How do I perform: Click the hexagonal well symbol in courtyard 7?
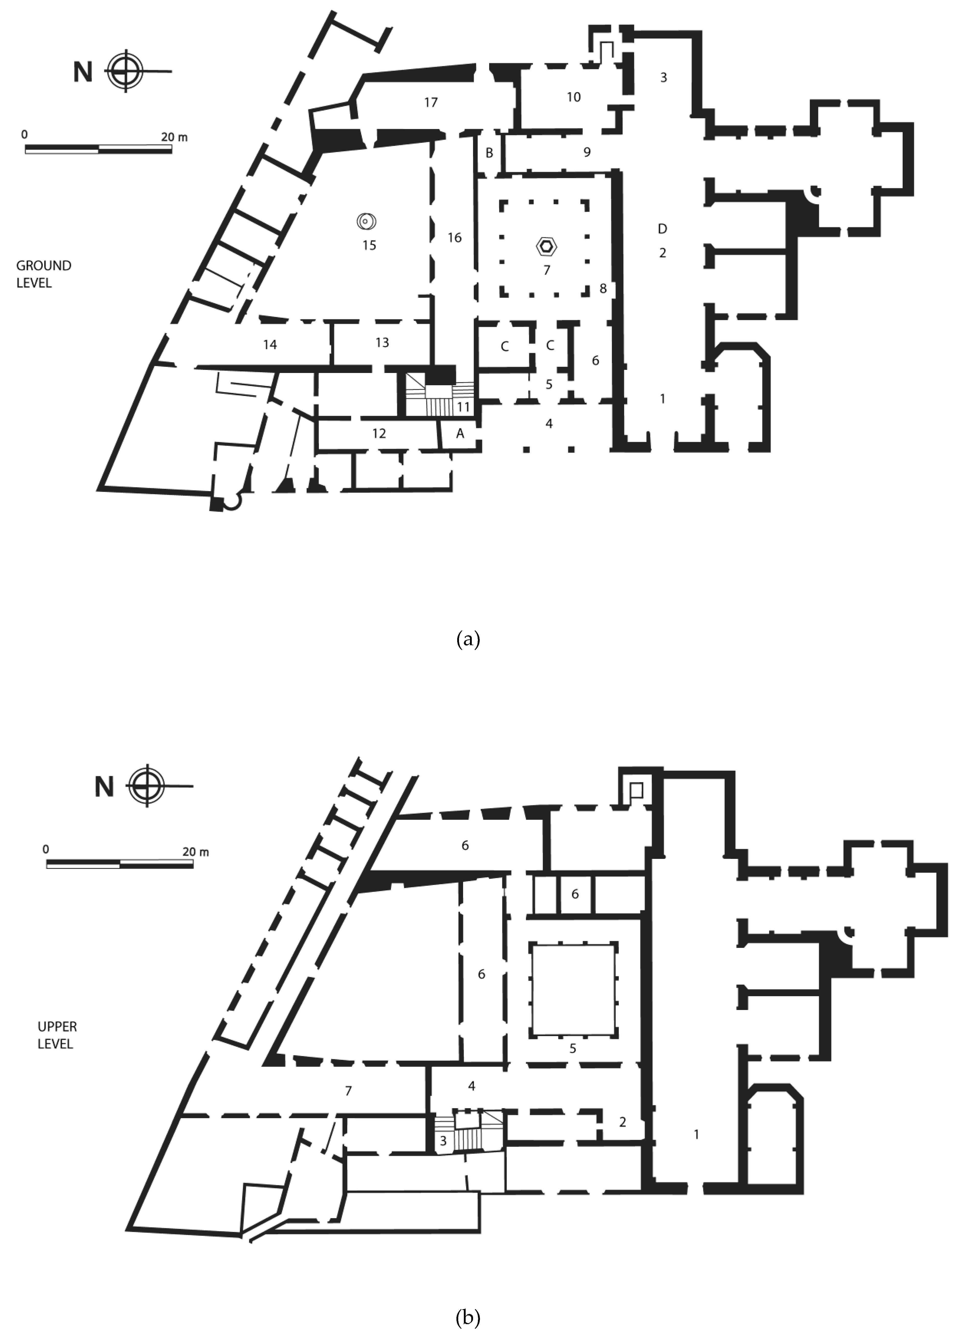coord(546,247)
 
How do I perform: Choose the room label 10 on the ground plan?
coord(574,97)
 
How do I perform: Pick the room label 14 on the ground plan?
coord(270,344)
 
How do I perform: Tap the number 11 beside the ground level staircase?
coord(463,407)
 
